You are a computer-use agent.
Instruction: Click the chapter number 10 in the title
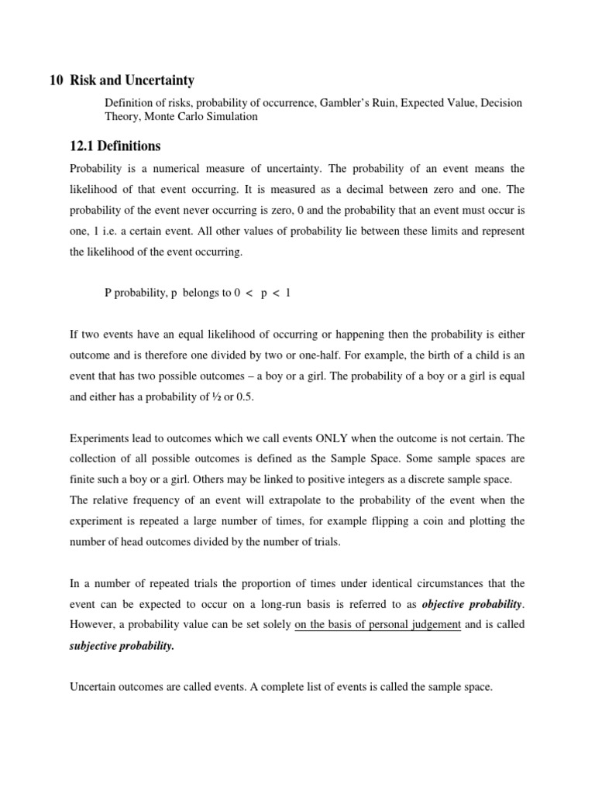pyautogui.click(x=56, y=81)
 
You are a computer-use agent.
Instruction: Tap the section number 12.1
pyautogui.click(x=85, y=146)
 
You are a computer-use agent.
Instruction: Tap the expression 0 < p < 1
pyautogui.click(x=263, y=292)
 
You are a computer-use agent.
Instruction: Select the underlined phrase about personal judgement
pyautogui.click(x=377, y=626)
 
